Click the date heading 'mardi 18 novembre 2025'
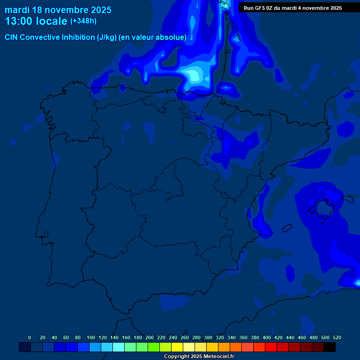click(58, 10)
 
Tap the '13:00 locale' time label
click(36, 21)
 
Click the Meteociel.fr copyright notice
click(199, 356)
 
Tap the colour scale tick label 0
click(30, 337)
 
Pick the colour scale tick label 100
click(91, 337)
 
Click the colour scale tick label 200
click(150, 337)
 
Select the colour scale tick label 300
click(208, 337)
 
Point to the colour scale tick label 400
click(267, 337)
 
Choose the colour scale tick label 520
click(337, 337)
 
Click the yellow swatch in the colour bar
click(177, 347)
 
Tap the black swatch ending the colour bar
click(330, 347)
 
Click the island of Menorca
click(347, 199)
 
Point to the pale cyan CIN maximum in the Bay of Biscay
click(193, 74)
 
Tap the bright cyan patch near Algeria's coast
click(355, 283)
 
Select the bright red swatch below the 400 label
click(271, 347)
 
